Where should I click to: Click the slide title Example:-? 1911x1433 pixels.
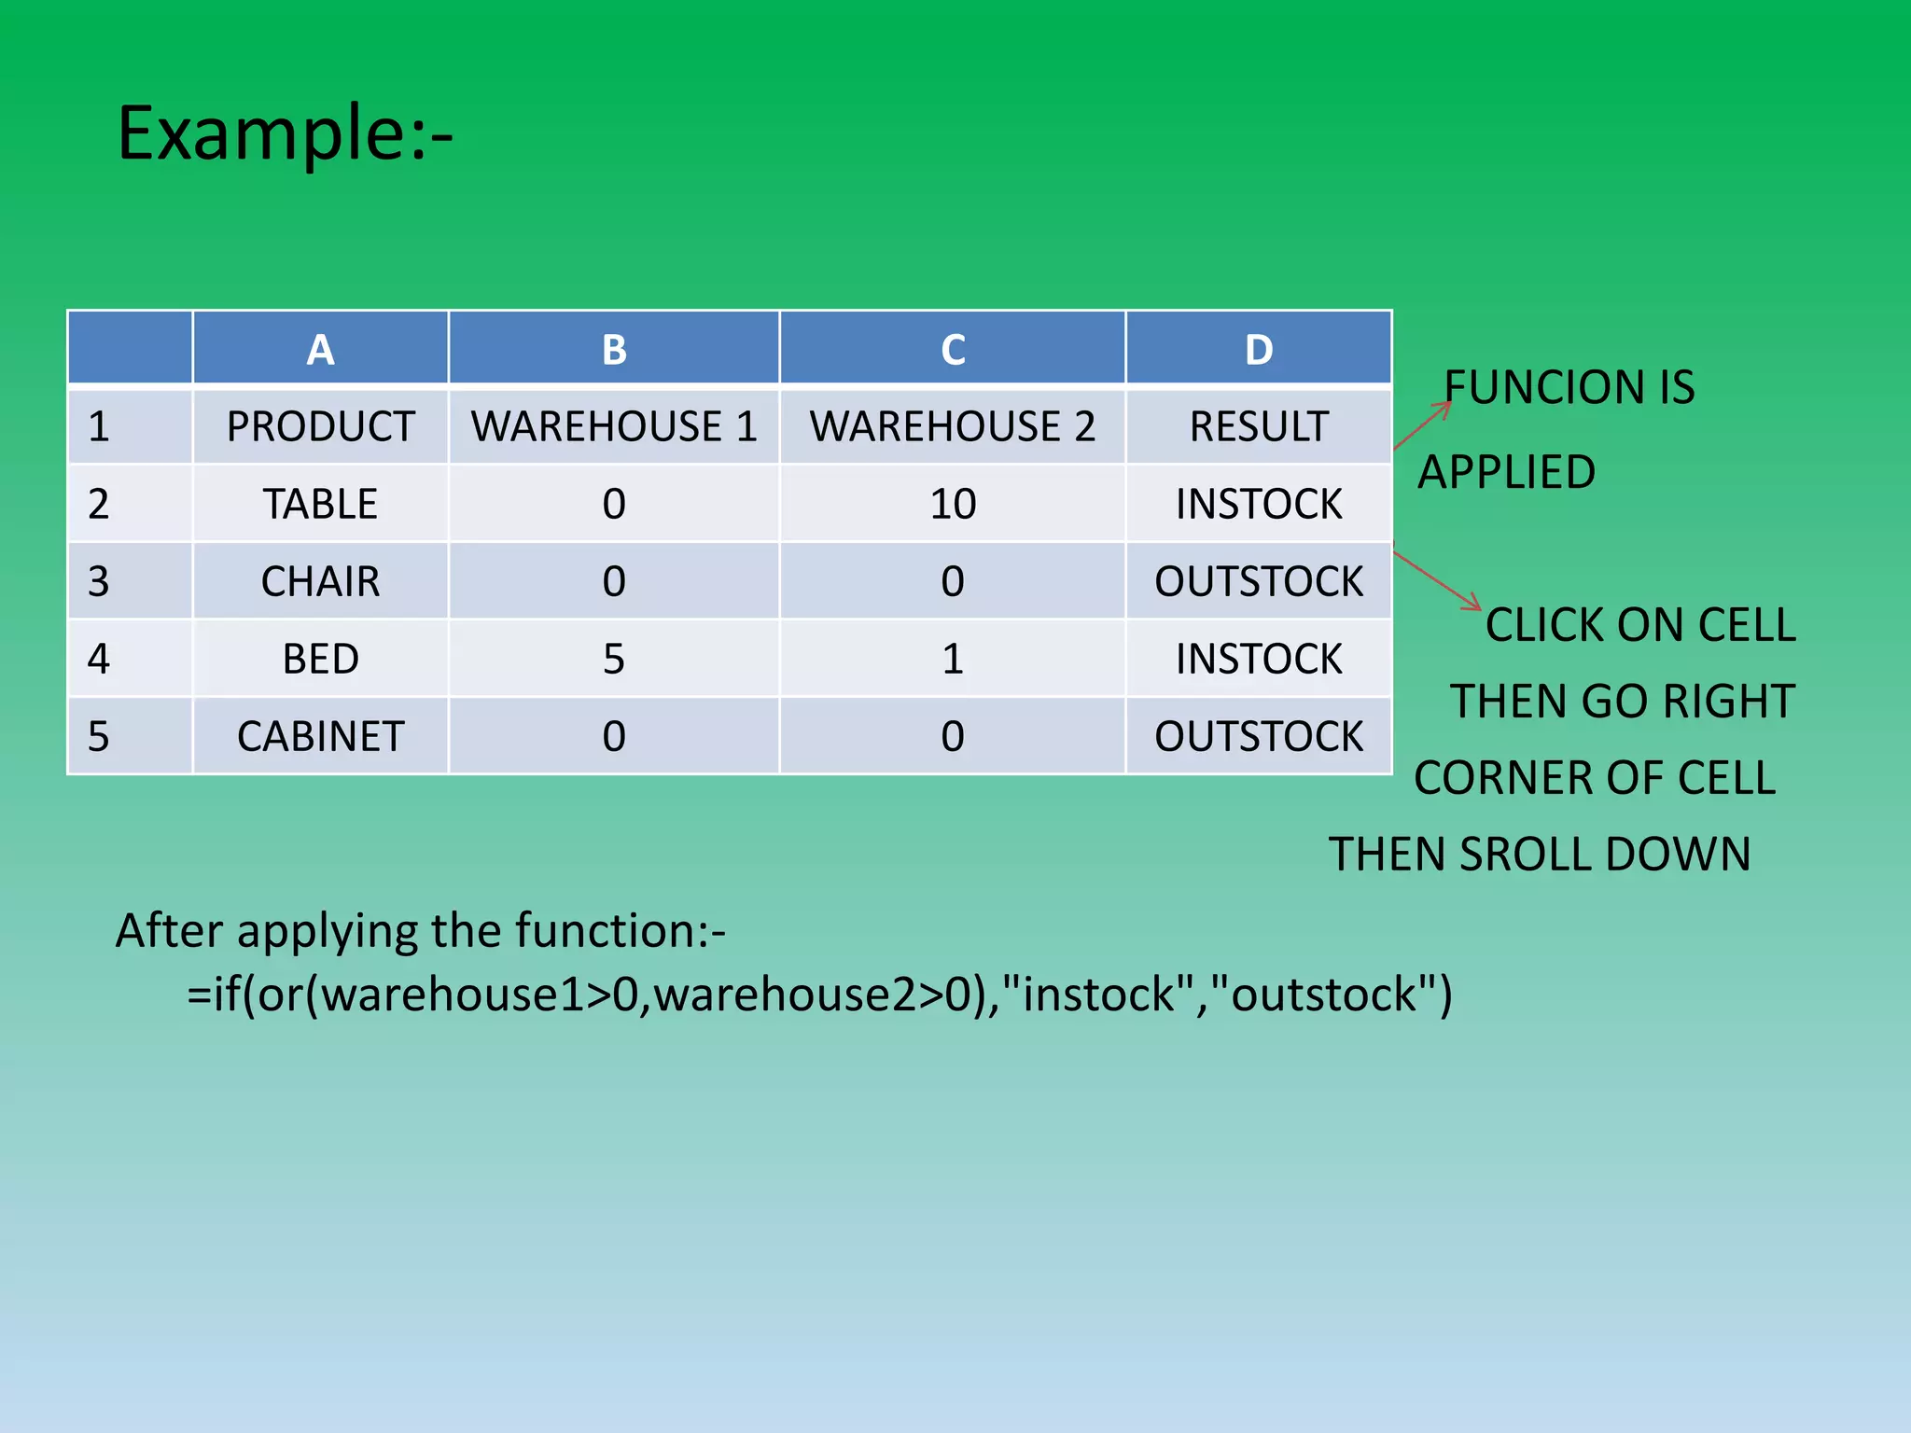pyautogui.click(x=285, y=133)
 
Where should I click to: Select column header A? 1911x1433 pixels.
pyautogui.click(x=320, y=350)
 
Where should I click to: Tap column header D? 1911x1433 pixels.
pyautogui.click(x=1258, y=350)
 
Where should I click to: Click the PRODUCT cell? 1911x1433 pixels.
pyautogui.click(x=320, y=427)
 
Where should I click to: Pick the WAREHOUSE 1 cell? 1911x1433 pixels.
pyautogui.click(x=613, y=427)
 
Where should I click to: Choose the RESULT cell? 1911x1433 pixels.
pyautogui.click(x=1258, y=427)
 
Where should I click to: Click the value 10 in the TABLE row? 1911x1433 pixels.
pyautogui.click(x=952, y=505)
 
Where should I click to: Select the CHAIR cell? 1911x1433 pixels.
pyautogui.click(x=320, y=582)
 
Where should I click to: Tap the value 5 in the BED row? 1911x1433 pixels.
pyautogui.click(x=613, y=660)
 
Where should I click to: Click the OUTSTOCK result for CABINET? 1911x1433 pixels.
pyautogui.click(x=1258, y=737)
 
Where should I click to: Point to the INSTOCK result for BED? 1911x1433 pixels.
pyautogui.click(x=1258, y=660)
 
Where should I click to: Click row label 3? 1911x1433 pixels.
pyautogui.click(x=99, y=582)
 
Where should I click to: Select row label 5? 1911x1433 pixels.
pyautogui.click(x=99, y=737)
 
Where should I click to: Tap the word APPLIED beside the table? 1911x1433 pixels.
pyautogui.click(x=1506, y=472)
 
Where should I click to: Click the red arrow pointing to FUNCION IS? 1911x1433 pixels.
pyautogui.click(x=1423, y=425)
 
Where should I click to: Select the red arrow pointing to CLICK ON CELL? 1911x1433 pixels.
pyautogui.click(x=1437, y=580)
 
